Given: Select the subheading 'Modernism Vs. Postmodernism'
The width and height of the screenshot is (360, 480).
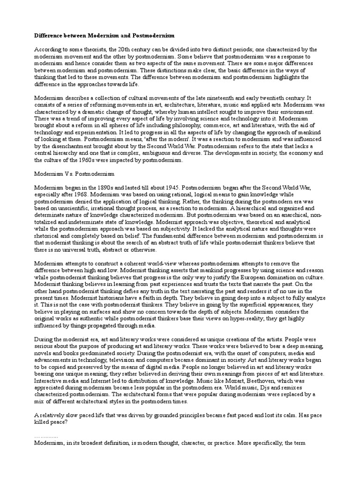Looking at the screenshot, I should (65, 173).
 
